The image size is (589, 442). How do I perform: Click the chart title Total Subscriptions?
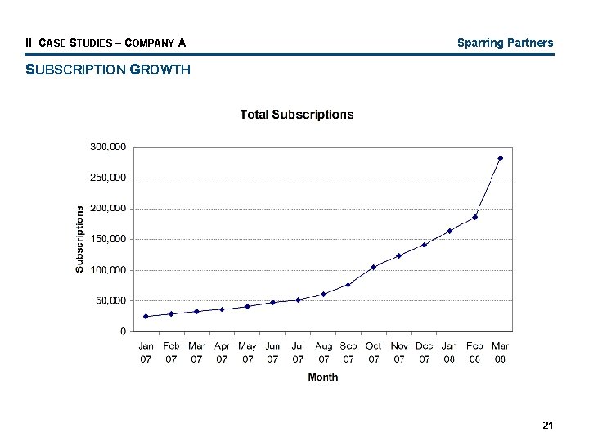tap(297, 115)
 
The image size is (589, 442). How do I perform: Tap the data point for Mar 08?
tap(500, 158)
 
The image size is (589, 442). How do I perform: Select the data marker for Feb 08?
tap(474, 217)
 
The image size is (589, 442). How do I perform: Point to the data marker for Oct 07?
tap(373, 267)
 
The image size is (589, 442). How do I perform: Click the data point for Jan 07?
tap(146, 316)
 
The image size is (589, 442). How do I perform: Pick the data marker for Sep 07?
tap(348, 285)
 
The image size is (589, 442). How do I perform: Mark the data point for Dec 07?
tap(424, 245)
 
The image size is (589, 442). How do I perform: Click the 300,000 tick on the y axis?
tap(108, 147)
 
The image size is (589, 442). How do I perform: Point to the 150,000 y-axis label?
tap(108, 239)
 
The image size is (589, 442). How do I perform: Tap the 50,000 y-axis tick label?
tap(110, 300)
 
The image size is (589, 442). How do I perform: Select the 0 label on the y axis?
tap(123, 331)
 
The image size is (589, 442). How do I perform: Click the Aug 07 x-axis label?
tap(323, 352)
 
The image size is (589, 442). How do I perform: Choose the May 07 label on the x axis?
tap(247, 352)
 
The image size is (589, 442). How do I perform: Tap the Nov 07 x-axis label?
tap(399, 352)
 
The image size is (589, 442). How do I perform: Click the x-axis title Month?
tap(322, 377)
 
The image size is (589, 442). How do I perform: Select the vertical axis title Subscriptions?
tap(79, 239)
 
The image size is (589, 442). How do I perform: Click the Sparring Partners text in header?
tap(505, 43)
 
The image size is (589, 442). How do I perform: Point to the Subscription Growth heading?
tap(108, 70)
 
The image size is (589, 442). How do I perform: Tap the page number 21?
tap(547, 425)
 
